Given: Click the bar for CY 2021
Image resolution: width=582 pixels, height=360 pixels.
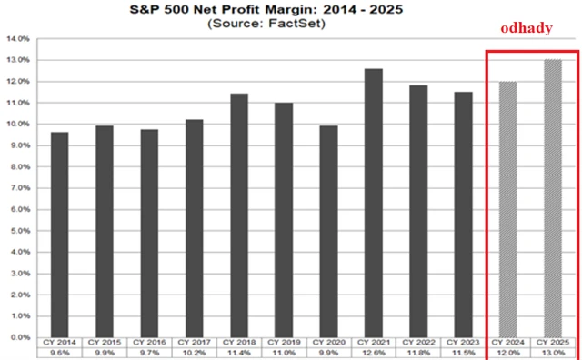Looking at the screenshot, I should (x=373, y=203).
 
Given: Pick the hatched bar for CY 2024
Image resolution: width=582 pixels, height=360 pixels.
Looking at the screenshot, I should (x=508, y=209).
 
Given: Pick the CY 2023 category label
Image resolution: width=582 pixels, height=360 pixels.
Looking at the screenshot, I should (x=463, y=343).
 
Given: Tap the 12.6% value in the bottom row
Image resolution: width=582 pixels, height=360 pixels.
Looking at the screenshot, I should (x=373, y=353).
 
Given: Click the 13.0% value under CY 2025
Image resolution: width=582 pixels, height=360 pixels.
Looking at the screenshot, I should (x=553, y=353).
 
